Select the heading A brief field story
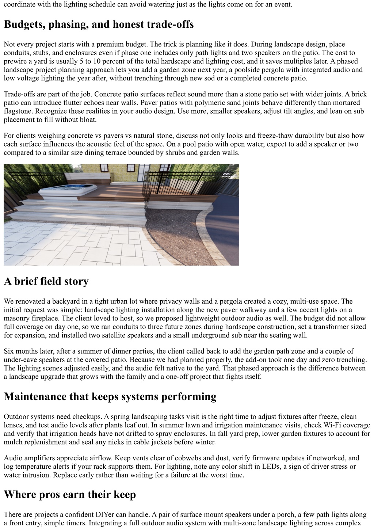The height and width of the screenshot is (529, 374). point(46,281)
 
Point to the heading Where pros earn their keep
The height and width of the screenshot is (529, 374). point(70,494)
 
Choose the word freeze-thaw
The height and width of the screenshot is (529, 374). point(256,136)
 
